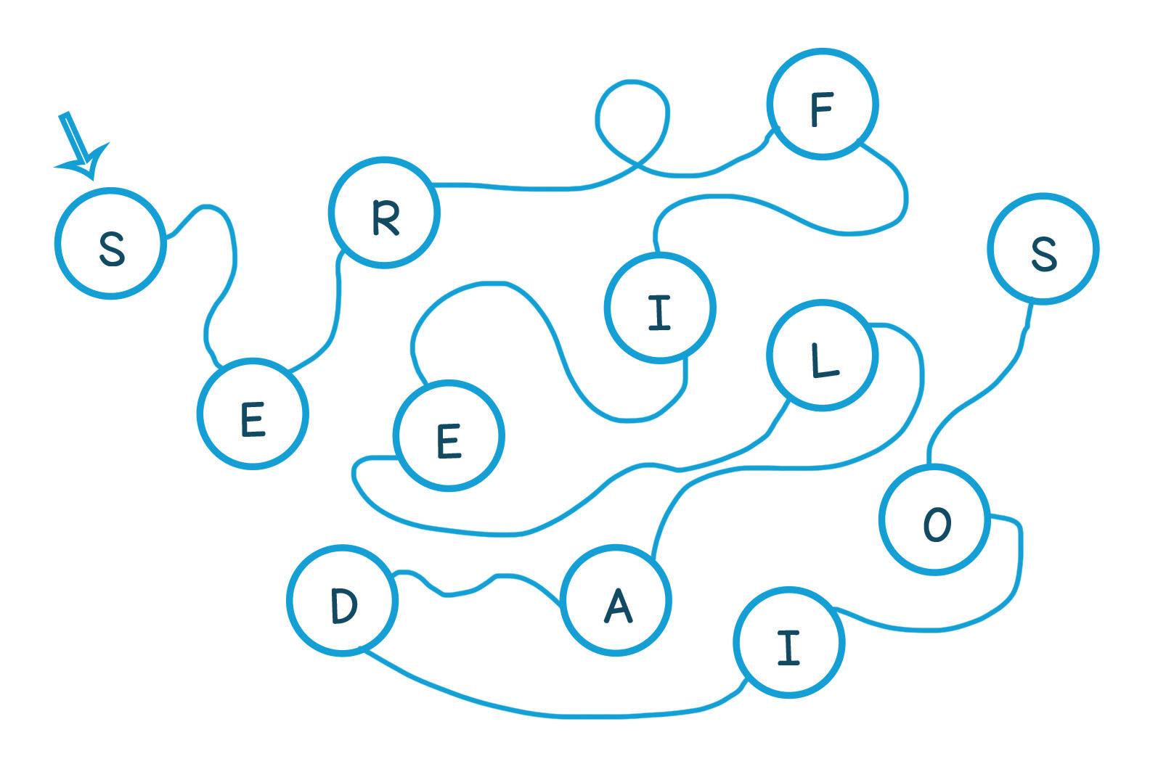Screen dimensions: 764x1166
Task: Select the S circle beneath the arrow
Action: pyautogui.click(x=110, y=244)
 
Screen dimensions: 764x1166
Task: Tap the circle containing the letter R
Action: pyautogui.click(x=384, y=213)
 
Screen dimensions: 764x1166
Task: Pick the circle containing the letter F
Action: pyautogui.click(x=823, y=104)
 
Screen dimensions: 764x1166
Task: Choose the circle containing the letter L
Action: pyautogui.click(x=823, y=356)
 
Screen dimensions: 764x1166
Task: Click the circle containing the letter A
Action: pyautogui.click(x=616, y=601)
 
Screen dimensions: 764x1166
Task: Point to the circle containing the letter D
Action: pyautogui.click(x=343, y=600)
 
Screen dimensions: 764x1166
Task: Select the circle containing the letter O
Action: pyautogui.click(x=935, y=520)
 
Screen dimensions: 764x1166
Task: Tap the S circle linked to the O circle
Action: pyautogui.click(x=1043, y=249)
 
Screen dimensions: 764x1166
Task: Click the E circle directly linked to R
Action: pyautogui.click(x=253, y=414)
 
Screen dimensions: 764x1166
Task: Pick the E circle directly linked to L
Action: pyautogui.click(x=449, y=436)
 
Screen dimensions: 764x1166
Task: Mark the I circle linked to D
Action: pyautogui.click(x=788, y=643)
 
